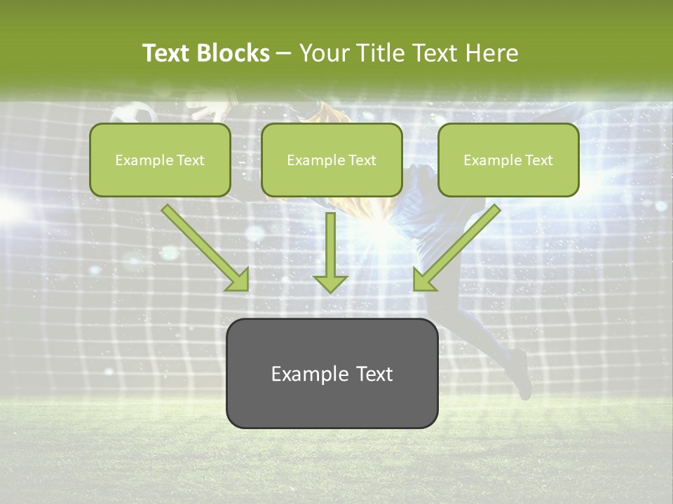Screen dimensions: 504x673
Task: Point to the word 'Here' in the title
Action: point(493,53)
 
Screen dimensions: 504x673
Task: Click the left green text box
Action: point(160,160)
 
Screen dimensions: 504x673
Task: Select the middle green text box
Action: point(332,160)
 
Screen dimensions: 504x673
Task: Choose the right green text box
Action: point(508,160)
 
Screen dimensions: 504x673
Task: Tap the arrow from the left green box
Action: point(203,246)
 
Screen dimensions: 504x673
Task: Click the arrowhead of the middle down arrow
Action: point(330,283)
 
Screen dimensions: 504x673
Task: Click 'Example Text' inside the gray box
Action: point(332,374)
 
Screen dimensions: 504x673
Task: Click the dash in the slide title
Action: point(284,54)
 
